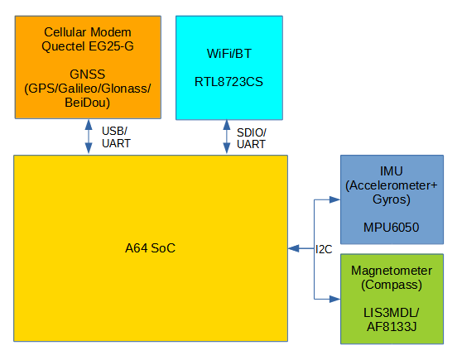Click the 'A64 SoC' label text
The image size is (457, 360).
point(150,248)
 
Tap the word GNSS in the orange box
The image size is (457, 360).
point(87,74)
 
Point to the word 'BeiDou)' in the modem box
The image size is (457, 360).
point(87,103)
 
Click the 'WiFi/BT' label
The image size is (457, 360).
point(228,54)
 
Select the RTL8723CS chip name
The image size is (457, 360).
point(228,82)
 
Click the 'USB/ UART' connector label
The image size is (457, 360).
point(115,137)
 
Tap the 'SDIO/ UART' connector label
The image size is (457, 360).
point(251,137)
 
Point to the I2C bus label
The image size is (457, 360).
point(324,248)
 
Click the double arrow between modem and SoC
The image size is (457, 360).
point(89,137)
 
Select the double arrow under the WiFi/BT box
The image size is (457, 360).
point(226,137)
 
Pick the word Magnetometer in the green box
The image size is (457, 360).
point(392,271)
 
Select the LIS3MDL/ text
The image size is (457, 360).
point(392,312)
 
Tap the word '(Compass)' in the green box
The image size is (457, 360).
point(392,285)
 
